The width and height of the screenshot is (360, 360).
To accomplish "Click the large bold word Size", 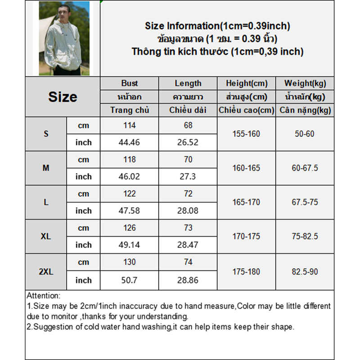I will coord(63,97).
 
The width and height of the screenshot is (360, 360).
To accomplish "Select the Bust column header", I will coord(130,83).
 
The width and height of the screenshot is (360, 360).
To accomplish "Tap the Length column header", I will coord(188,83).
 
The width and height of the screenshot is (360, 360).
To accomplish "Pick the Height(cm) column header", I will coord(247,83).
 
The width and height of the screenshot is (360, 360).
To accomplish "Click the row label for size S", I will coord(46,134).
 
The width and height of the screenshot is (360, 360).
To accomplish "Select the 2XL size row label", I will coord(46,271).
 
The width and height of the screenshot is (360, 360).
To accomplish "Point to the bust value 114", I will coord(130,126).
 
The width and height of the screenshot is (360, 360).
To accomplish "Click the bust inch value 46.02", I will coord(130,176).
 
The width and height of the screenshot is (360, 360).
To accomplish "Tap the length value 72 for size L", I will coord(188,194).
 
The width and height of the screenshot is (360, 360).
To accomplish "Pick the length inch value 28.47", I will coord(188,245).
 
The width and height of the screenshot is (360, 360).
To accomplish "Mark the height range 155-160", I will coord(247,134).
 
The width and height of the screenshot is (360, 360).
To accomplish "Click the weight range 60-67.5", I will coord(305,168).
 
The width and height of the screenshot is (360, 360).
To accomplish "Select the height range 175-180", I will coord(247,271).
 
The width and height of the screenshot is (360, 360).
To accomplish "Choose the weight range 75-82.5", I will coord(305,237).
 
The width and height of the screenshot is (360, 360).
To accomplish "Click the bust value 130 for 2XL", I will coord(130,262).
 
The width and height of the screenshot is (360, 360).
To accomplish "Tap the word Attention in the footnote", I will coord(43,296).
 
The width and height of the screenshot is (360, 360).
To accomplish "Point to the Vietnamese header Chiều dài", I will coord(188,110).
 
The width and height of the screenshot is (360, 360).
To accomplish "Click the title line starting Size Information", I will coord(217,26).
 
